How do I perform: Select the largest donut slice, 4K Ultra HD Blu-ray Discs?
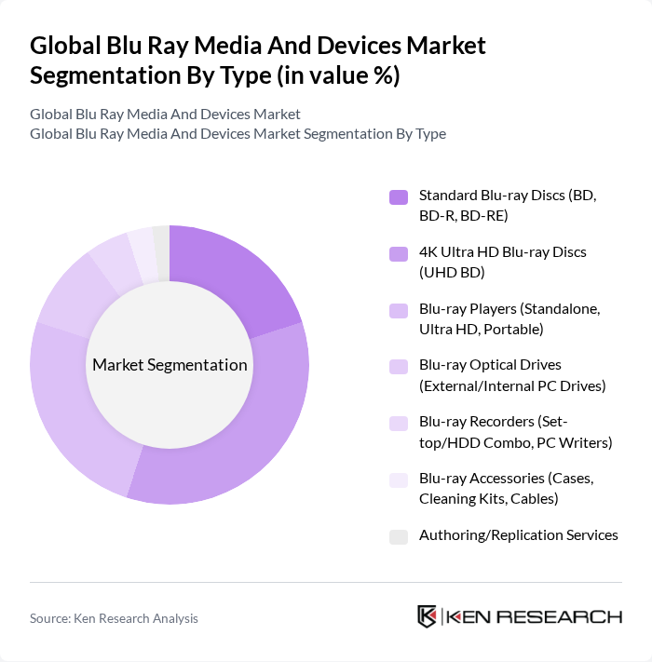point(238,438)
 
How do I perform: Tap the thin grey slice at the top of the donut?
point(161,251)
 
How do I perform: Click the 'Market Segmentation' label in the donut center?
point(170,365)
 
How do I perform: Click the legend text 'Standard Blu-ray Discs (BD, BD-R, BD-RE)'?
point(507,206)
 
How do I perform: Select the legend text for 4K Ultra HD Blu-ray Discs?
point(502,262)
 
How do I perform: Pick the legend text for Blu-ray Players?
point(509,318)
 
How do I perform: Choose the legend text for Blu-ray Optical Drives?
point(512,374)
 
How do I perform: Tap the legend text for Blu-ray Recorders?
point(515,432)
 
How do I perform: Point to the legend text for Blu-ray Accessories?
point(506,488)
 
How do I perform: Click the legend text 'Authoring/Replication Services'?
point(518,535)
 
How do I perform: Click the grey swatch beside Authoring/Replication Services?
point(399,536)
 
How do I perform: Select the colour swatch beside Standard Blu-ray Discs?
point(399,196)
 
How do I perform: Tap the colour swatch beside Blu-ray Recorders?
point(399,423)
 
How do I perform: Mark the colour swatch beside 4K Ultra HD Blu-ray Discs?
point(399,253)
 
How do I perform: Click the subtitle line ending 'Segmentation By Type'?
point(238,133)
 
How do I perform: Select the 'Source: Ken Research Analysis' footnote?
point(114,618)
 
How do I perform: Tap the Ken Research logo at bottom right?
point(519,616)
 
